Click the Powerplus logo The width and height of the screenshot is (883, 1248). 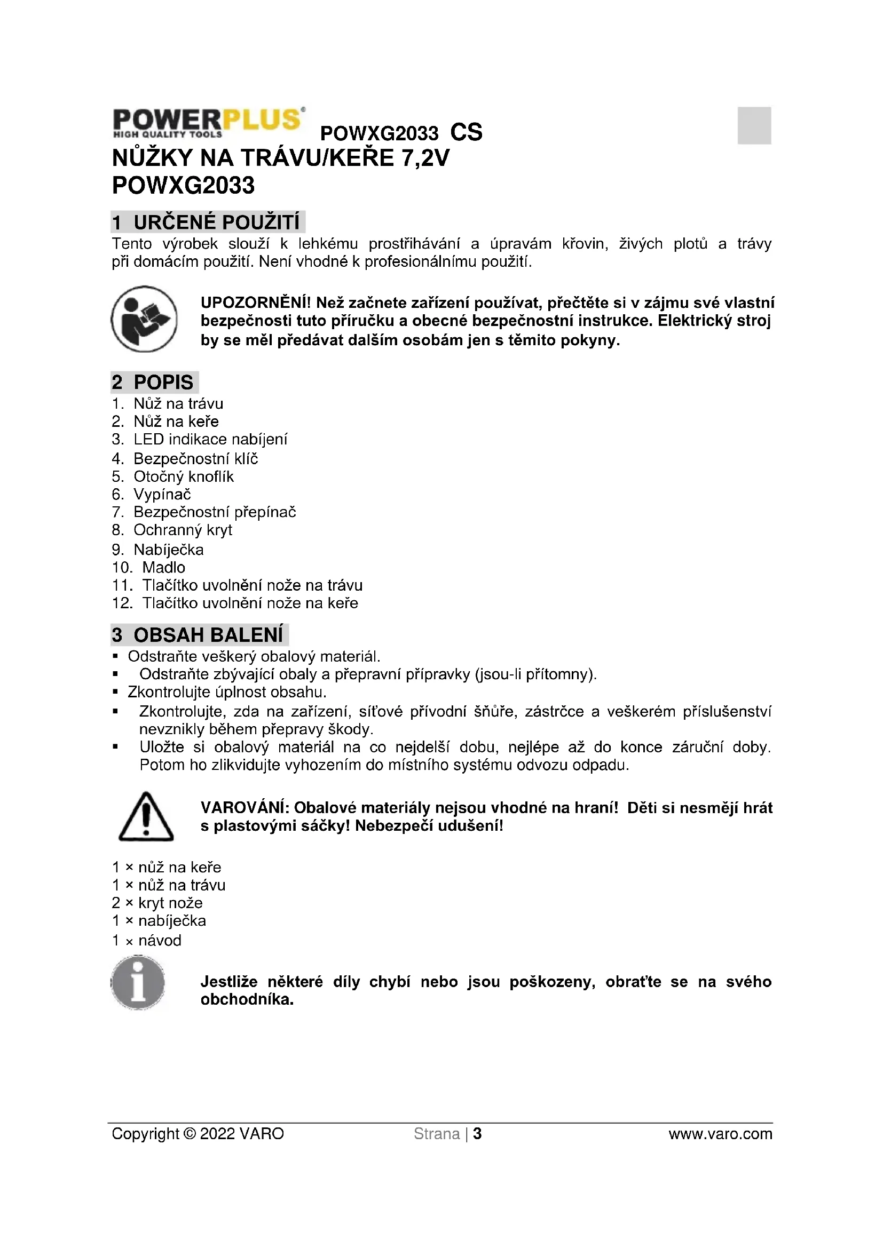208,122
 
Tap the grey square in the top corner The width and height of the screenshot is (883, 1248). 754,125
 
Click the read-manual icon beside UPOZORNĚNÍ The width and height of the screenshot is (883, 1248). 144,319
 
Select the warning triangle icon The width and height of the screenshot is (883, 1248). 146,817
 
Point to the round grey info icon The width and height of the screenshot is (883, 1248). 138,983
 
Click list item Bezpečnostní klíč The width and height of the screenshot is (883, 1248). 195,458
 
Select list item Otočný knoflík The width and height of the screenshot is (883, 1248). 183,476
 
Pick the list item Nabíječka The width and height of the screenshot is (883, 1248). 169,550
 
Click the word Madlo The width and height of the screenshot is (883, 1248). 164,568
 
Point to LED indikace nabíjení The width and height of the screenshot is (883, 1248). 210,439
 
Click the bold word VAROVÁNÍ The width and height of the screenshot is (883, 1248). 244,808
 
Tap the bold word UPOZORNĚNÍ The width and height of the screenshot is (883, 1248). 255,303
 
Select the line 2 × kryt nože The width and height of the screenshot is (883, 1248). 157,903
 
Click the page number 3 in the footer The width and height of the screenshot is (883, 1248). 477,1134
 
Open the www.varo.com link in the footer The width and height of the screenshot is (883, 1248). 720,1134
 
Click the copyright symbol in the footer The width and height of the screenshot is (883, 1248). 189,1134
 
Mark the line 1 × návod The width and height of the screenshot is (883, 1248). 147,940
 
